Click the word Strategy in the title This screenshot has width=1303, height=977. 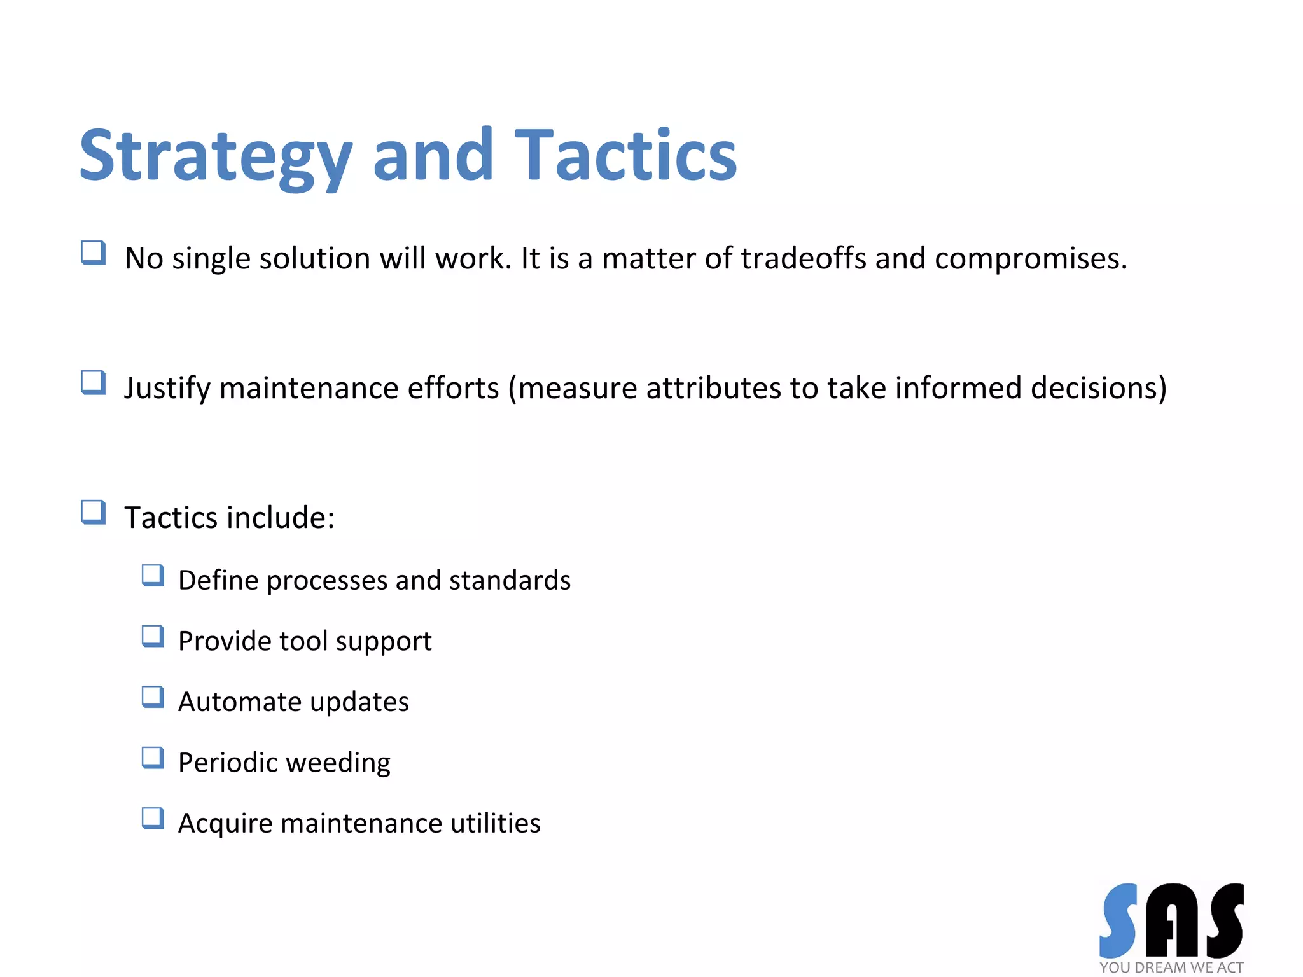(215, 156)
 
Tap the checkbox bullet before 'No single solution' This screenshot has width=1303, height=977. (93, 253)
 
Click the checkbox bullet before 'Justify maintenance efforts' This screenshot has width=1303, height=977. (93, 383)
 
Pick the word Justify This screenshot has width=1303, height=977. (167, 388)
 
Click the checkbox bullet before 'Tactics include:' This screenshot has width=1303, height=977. (93, 513)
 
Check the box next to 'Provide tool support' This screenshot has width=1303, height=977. (153, 636)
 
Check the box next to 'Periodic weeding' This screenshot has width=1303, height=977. (153, 758)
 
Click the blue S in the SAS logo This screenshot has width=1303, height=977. (1118, 920)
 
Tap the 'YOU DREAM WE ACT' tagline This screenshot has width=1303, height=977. (1171, 967)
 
